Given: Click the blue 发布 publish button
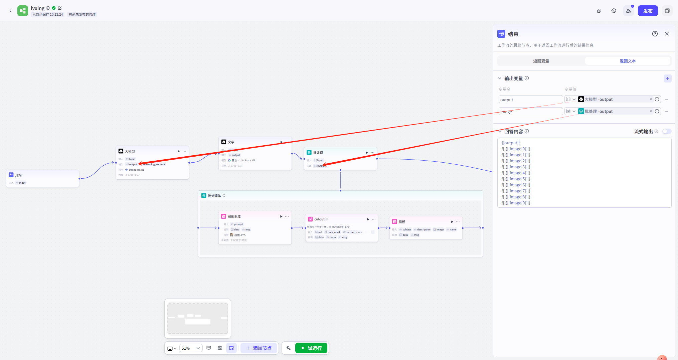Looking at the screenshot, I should tap(648, 11).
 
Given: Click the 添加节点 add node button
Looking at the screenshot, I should tap(259, 348).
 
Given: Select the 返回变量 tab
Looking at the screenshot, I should tap(541, 61).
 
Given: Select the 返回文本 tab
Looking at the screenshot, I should tap(628, 61).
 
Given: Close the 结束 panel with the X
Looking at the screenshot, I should tap(667, 34).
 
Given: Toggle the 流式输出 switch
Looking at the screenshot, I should tap(666, 131).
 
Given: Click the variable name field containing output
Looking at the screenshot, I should tap(530, 100).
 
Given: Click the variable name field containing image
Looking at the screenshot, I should tap(530, 112).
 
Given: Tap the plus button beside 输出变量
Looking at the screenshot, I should tap(667, 78).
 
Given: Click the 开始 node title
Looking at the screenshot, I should tap(18, 175).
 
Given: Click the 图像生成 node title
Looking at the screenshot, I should tap(234, 216).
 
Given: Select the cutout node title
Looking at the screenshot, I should tap(319, 219).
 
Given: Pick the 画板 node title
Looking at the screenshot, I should tap(402, 222).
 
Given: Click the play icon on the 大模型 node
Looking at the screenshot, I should tap(179, 151).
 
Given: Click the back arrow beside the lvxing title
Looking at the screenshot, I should tap(10, 11).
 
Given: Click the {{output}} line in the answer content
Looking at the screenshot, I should tap(511, 143).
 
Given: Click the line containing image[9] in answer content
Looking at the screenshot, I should tap(516, 203).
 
